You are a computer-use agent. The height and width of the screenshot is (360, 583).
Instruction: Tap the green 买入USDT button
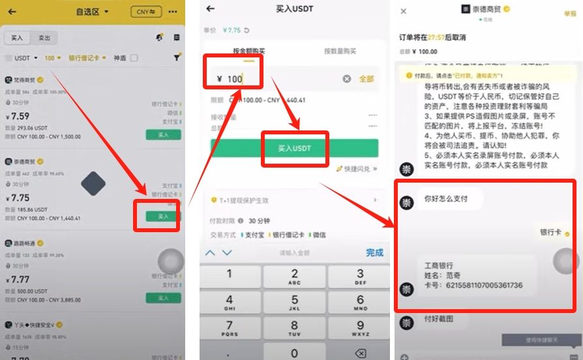coord(295,148)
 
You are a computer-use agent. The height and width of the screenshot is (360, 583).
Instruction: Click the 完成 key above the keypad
coord(374,252)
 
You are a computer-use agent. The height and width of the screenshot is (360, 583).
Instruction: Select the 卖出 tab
coord(44,38)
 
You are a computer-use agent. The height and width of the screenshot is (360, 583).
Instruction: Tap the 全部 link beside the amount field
coord(366,79)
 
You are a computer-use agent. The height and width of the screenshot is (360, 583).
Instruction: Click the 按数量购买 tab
coord(340,51)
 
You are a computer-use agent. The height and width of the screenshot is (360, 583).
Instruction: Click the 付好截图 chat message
coord(438,319)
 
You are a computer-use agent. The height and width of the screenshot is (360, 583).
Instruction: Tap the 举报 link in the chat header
coord(569,14)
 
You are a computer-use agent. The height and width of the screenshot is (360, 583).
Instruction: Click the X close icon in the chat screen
coord(404,11)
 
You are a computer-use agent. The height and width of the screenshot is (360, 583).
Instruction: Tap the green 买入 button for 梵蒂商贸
coord(163,134)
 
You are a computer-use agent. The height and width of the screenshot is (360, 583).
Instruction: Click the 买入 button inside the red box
coord(163,216)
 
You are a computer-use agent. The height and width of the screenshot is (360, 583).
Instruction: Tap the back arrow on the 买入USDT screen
coord(210,8)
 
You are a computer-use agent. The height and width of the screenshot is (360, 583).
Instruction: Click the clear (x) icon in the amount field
coord(347,79)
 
